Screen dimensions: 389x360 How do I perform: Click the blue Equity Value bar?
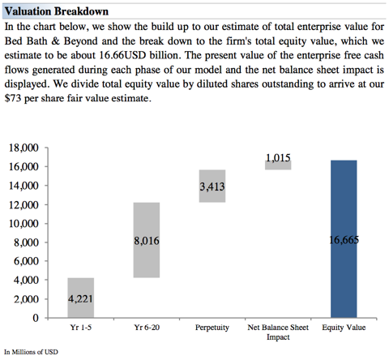tap(344, 239)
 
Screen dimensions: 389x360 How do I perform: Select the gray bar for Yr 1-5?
tap(81, 298)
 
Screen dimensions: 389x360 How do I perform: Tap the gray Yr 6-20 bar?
tap(147, 240)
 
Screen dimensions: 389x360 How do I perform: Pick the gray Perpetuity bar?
tap(212, 186)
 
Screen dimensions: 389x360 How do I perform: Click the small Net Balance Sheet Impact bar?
tap(278, 165)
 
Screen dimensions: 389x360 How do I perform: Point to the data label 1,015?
tap(278, 157)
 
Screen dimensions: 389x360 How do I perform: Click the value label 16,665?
tap(344, 240)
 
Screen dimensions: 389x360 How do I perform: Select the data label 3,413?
tap(212, 186)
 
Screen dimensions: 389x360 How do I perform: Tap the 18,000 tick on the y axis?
tap(24, 148)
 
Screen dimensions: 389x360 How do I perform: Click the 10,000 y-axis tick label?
tap(24, 224)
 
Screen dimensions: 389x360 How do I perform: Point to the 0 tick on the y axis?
tap(36, 318)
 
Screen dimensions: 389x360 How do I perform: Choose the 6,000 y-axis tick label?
tap(26, 261)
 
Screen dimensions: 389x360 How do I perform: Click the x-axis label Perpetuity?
tap(212, 328)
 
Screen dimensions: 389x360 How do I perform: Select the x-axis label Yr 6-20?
tap(147, 328)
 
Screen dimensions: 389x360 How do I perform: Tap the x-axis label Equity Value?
tap(344, 328)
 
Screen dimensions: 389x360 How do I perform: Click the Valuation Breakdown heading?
tap(57, 11)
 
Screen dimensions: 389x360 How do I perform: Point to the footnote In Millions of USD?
tap(31, 352)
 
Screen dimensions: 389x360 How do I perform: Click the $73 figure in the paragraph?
tap(13, 98)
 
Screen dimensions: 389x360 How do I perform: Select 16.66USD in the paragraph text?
tap(122, 55)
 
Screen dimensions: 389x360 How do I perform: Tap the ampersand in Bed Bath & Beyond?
tap(55, 41)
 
